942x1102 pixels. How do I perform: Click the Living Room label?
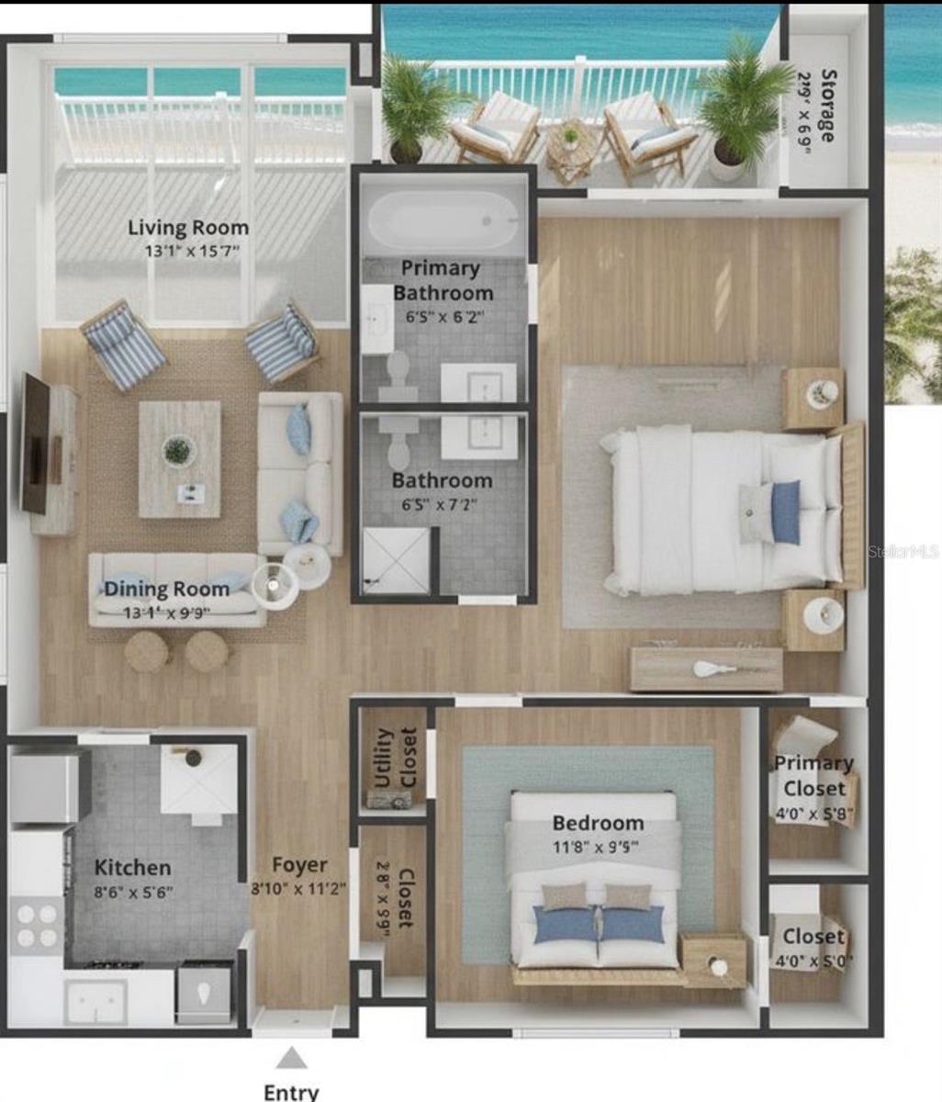pos(187,228)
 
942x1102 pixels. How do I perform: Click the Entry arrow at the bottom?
pos(292,1058)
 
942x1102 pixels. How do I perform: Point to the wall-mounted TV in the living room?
pos(36,444)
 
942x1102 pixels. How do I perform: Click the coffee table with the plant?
pos(179,458)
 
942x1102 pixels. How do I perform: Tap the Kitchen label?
pos(132,868)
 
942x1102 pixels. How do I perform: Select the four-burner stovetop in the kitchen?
pos(37,926)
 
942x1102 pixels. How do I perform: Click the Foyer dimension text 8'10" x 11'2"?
pos(298,888)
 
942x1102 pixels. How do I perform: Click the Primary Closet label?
pos(813,775)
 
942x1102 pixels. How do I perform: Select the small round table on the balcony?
pos(571,147)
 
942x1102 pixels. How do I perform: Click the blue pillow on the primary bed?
pos(785,512)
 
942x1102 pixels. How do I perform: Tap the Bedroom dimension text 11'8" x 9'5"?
pos(597,847)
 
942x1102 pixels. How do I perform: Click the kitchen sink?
pos(95,1000)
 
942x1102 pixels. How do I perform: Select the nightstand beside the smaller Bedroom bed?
pos(714,961)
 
